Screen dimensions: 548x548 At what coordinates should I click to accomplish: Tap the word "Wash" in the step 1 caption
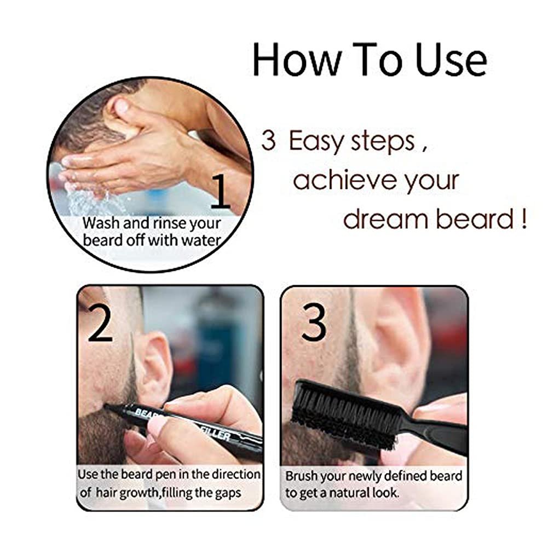(x=99, y=224)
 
